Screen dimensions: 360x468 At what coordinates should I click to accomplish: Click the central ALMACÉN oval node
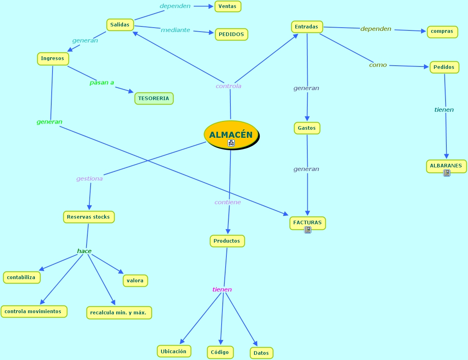click(231, 135)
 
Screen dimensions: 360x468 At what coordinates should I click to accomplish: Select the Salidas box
click(120, 24)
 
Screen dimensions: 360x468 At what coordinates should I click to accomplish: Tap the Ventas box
click(228, 6)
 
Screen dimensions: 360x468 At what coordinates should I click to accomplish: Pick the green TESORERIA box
click(154, 98)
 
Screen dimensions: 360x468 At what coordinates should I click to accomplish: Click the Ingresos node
click(52, 58)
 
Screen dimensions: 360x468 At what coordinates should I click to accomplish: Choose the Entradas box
click(307, 27)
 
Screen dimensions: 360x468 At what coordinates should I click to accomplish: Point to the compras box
click(442, 31)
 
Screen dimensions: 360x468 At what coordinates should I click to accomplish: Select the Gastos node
click(307, 128)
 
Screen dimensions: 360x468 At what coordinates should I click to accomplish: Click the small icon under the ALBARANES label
click(447, 173)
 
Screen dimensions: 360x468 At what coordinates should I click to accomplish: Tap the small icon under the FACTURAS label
click(308, 230)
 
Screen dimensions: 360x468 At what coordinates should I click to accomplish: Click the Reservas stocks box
click(89, 217)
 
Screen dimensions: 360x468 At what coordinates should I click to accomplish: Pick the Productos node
click(227, 241)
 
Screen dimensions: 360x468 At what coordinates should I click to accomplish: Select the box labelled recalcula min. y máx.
click(119, 313)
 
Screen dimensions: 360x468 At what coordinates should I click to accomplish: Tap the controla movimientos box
click(33, 311)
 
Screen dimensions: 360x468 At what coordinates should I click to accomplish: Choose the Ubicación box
click(173, 351)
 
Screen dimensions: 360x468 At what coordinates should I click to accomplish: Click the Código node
click(220, 352)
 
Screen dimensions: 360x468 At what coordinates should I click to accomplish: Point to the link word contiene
click(228, 202)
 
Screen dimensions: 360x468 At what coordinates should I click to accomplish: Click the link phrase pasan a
click(102, 82)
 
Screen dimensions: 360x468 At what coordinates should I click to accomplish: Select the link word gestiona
click(89, 179)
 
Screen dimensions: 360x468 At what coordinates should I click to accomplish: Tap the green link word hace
click(84, 251)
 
